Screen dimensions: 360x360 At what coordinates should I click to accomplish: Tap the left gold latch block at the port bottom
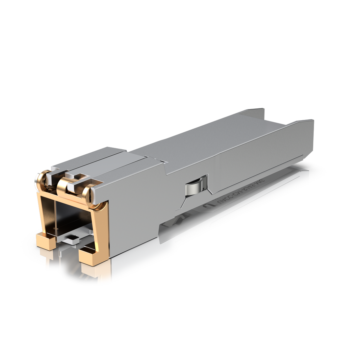point(45,241)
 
